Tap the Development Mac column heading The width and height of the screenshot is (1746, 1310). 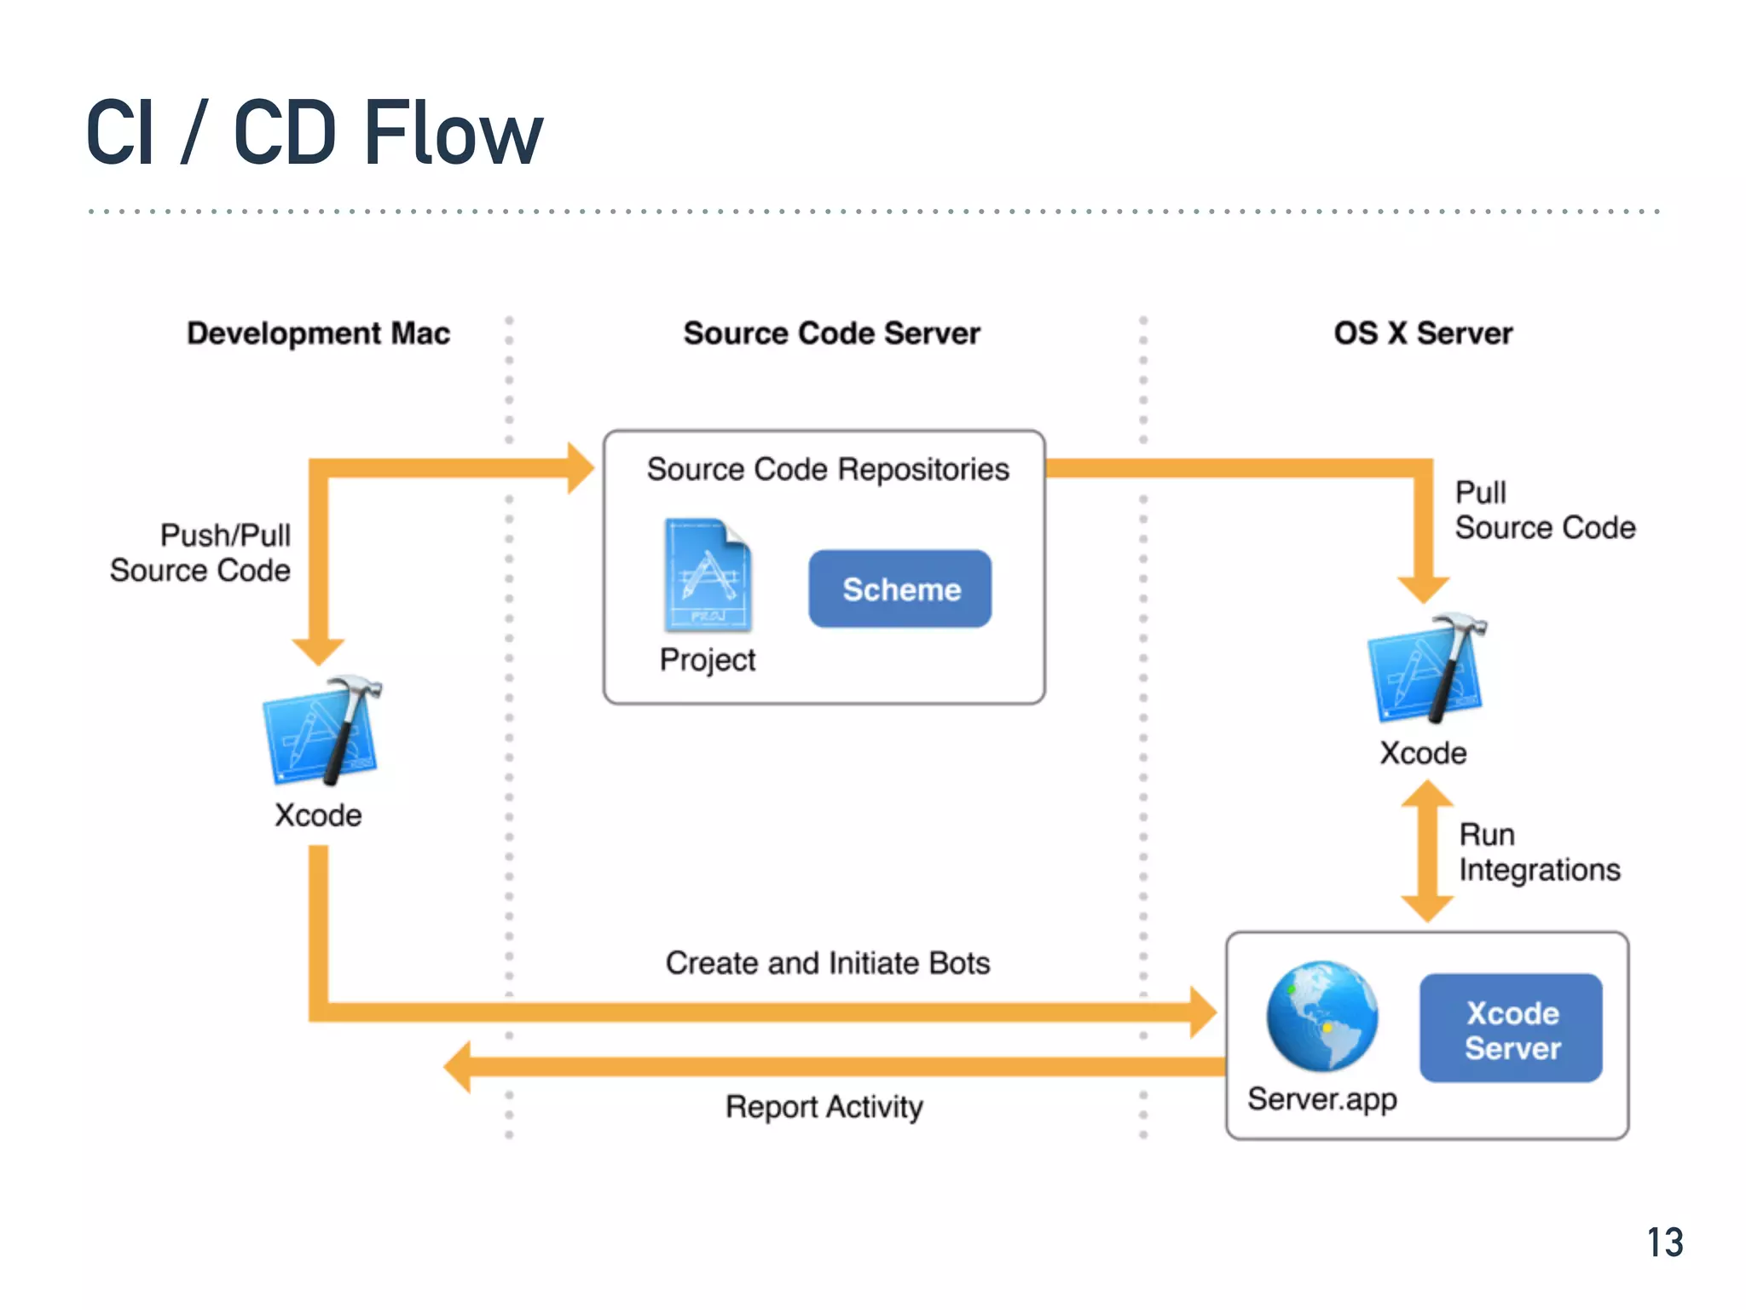[318, 333]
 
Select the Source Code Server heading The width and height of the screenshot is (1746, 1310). [831, 333]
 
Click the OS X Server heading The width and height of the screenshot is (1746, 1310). [1423, 333]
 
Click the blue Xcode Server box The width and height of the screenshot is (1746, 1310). [1511, 1029]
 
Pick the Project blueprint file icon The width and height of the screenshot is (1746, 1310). [708, 575]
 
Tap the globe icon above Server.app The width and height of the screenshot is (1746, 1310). [1321, 1017]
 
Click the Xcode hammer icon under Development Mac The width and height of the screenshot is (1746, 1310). [322, 731]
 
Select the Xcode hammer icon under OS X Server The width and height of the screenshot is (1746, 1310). [1426, 668]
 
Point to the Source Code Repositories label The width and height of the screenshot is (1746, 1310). [827, 469]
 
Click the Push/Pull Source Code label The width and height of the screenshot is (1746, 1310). [201, 553]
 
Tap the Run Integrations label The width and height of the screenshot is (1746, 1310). [1538, 852]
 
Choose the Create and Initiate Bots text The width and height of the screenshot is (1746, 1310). [827, 963]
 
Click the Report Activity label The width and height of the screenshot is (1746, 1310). [824, 1107]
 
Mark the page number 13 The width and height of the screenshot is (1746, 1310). [1664, 1243]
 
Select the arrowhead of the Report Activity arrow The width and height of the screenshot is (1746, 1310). [459, 1066]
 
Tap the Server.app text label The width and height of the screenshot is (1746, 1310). [1321, 1099]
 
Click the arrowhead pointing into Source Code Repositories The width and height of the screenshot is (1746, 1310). [580, 467]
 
